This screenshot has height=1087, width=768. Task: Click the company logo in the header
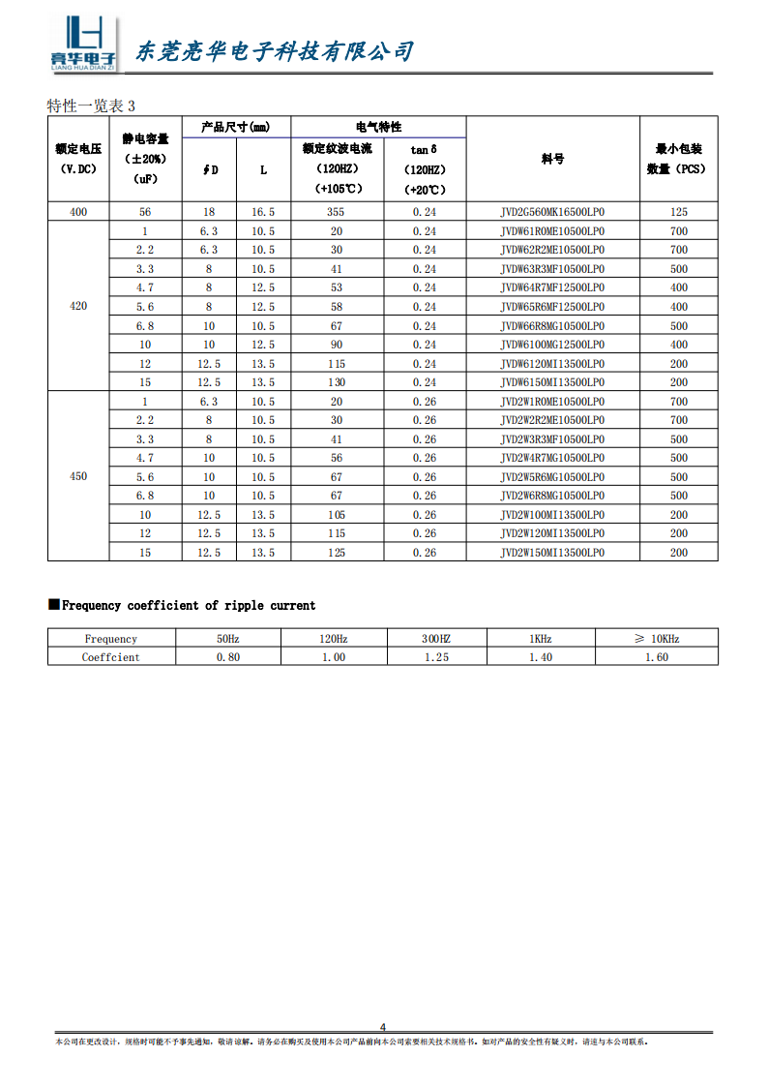pyautogui.click(x=83, y=45)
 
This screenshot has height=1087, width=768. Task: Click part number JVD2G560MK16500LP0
pyautogui.click(x=552, y=212)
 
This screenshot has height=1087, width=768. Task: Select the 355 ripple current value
pyautogui.click(x=336, y=212)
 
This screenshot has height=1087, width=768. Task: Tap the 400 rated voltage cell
pyautogui.click(x=78, y=212)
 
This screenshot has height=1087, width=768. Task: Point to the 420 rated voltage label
pyautogui.click(x=78, y=307)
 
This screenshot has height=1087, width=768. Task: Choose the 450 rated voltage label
pyautogui.click(x=78, y=477)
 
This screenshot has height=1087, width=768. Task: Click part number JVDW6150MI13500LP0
pyautogui.click(x=552, y=382)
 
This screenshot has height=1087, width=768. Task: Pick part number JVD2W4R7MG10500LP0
pyautogui.click(x=552, y=458)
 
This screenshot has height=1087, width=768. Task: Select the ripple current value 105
pyautogui.click(x=336, y=515)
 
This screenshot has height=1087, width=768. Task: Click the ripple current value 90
pyautogui.click(x=336, y=345)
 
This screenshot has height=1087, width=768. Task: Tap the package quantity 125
pyautogui.click(x=678, y=212)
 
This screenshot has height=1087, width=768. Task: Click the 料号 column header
pyautogui.click(x=552, y=159)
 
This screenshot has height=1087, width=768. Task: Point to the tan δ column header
pyautogui.click(x=424, y=149)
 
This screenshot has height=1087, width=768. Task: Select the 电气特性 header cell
pyautogui.click(x=378, y=127)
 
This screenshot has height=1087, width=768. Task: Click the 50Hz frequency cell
pyautogui.click(x=227, y=639)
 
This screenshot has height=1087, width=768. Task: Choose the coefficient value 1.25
pyautogui.click(x=437, y=657)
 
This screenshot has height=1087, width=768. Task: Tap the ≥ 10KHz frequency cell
pyautogui.click(x=657, y=639)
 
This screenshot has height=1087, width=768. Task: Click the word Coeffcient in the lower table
pyautogui.click(x=111, y=657)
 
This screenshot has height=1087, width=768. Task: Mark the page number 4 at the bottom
pyautogui.click(x=383, y=1028)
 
